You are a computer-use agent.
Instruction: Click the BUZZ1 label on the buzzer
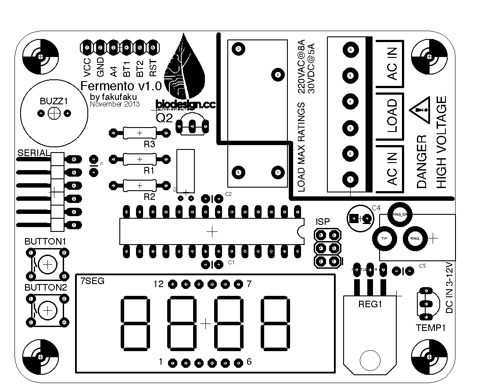point(54,101)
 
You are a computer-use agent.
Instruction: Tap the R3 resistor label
point(150,144)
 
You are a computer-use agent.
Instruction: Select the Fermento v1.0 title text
point(121,85)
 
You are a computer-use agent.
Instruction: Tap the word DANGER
point(421,162)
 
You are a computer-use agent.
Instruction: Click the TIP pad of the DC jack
point(384,238)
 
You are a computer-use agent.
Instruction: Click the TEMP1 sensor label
point(430,327)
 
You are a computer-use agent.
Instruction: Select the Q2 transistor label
point(164,117)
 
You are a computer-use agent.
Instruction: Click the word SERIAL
point(34,153)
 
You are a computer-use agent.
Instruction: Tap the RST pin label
point(153,65)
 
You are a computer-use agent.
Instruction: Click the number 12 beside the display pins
point(158,284)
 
